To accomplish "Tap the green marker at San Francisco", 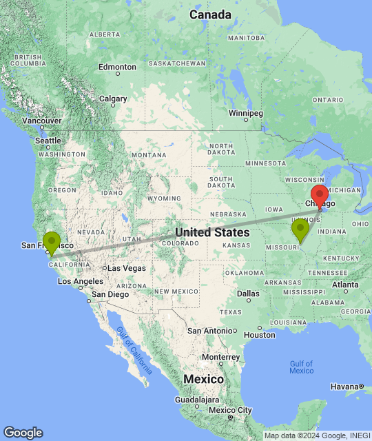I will pos(52,243).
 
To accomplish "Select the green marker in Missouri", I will pos(300,229).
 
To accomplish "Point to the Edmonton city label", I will pos(117,68).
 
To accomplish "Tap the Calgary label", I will pos(113,99).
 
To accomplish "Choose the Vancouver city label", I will pos(42,121).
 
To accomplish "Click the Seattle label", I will pos(48,141).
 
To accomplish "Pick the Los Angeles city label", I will pos(81,281).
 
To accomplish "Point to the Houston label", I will pos(259,335).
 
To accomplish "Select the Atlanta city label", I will pos(344,284).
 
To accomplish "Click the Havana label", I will pos(344,387).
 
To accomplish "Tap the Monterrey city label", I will pos(220,357).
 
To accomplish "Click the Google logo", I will pos(23,432).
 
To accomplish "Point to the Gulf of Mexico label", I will pos(301,367).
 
